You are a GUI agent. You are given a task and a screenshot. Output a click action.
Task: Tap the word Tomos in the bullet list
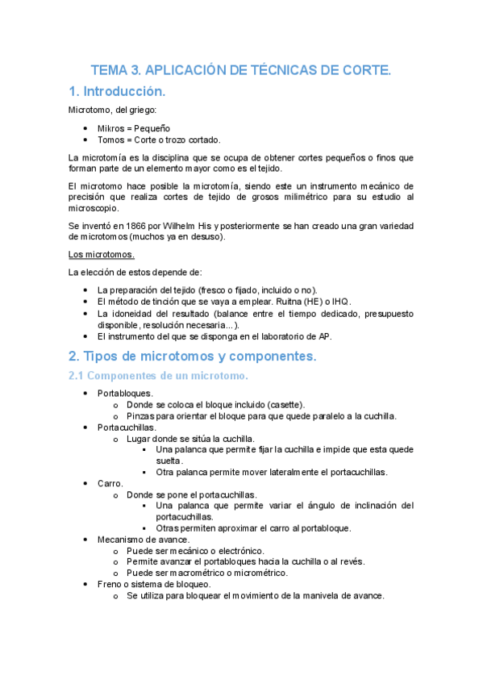[111, 140]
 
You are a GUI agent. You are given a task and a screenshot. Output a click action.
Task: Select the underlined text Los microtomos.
[101, 255]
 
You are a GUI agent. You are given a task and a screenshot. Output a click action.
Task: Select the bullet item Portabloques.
[125, 393]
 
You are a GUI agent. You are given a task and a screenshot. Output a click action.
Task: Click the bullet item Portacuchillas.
[127, 427]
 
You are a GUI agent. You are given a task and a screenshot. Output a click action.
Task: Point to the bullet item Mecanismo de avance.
[144, 539]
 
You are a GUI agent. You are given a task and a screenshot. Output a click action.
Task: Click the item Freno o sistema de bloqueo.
[154, 584]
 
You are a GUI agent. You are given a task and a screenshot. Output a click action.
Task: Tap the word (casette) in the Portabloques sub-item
[282, 404]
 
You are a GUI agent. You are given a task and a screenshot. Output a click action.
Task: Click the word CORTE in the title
[364, 71]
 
